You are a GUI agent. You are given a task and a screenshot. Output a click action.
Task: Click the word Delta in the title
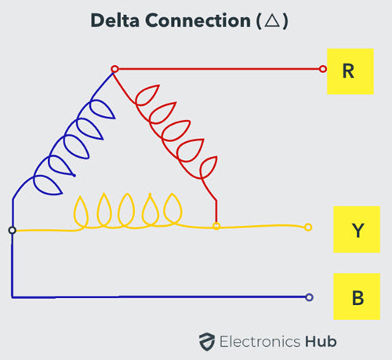(x=114, y=20)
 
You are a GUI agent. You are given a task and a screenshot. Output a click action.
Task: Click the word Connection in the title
(x=198, y=20)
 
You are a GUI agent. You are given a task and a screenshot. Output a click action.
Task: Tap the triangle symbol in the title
(x=272, y=20)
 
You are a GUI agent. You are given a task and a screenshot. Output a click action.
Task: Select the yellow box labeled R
(x=350, y=71)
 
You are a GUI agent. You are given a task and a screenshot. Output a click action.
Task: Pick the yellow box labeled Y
(x=357, y=229)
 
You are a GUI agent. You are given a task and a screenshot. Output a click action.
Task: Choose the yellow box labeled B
(x=357, y=296)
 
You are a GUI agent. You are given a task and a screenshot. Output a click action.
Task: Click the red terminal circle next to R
(x=323, y=69)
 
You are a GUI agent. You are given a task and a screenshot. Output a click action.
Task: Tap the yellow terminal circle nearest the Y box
(x=308, y=227)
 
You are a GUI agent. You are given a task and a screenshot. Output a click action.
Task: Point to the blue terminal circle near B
(x=309, y=297)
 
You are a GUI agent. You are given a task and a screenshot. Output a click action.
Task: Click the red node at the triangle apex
(x=114, y=69)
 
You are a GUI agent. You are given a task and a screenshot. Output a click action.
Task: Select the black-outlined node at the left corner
(x=13, y=231)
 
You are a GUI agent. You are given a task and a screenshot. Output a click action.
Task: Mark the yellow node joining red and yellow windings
(x=216, y=226)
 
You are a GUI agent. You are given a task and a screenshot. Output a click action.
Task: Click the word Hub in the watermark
(x=321, y=341)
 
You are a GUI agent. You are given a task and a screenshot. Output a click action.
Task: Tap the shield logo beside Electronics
(x=207, y=342)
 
